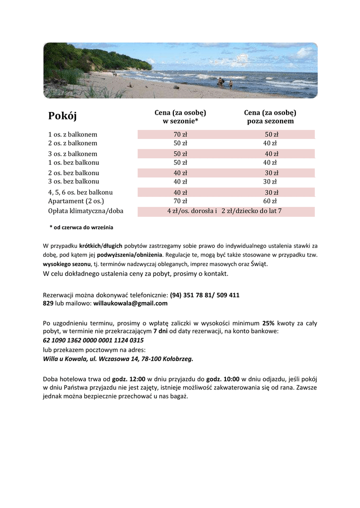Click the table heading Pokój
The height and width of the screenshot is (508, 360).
[x=63, y=116]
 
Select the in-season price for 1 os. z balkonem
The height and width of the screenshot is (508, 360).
[x=180, y=134]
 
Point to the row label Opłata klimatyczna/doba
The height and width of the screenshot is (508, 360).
[x=85, y=211]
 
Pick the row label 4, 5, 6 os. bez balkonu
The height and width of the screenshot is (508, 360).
[x=80, y=192]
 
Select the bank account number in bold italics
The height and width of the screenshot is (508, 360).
[x=93, y=340]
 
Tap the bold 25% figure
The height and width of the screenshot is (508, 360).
[x=268, y=322]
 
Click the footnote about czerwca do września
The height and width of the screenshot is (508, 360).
[x=81, y=228]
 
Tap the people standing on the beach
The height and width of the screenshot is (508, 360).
[x=224, y=83]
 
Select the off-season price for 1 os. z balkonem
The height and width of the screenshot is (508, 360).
[x=272, y=134]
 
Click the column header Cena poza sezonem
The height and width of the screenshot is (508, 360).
[x=270, y=117]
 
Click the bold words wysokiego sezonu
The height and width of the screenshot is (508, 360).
[x=67, y=264]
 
